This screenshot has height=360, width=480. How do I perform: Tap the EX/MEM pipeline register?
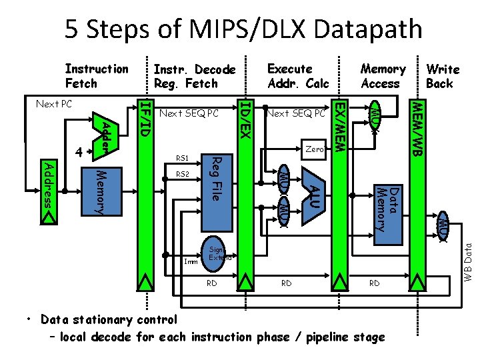339,200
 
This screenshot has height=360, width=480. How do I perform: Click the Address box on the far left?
48,183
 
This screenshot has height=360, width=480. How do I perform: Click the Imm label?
190,262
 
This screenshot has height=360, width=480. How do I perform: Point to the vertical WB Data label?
468,260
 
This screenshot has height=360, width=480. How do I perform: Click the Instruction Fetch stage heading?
96,76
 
